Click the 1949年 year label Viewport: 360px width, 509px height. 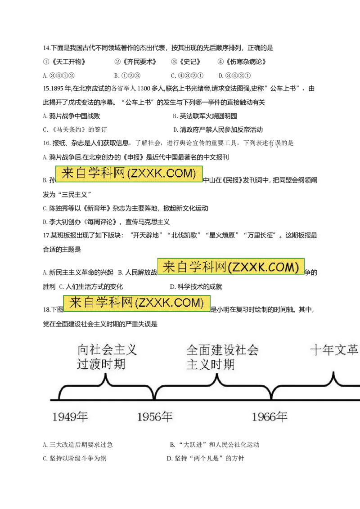70,417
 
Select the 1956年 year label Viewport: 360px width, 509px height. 155,417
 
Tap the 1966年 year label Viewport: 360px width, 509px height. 270,417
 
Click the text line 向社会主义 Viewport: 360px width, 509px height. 107,350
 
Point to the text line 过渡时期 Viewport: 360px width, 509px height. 101,364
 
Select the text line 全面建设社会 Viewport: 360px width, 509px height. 222,350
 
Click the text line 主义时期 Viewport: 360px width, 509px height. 210,364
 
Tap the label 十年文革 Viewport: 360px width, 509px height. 334,350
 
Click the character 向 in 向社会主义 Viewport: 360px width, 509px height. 83,350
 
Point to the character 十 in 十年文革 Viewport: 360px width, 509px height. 316,350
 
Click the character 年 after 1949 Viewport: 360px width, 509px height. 82,417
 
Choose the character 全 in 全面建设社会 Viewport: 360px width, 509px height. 192,350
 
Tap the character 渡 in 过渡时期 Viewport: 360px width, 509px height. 94,364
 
